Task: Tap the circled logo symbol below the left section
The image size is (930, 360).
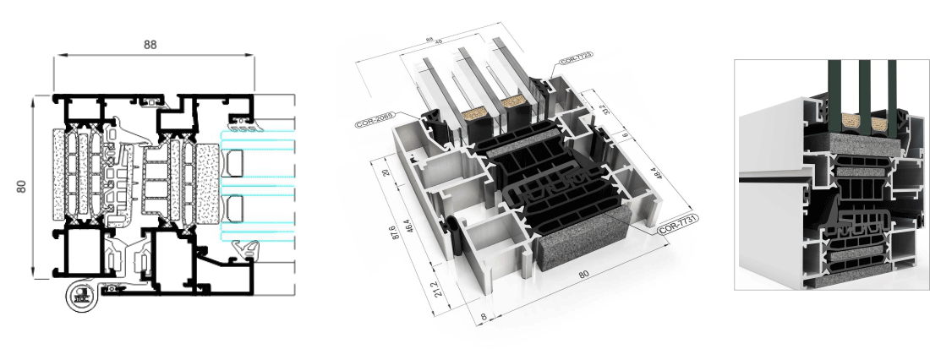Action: tap(78, 296)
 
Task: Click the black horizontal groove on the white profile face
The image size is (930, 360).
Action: tap(778, 180)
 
